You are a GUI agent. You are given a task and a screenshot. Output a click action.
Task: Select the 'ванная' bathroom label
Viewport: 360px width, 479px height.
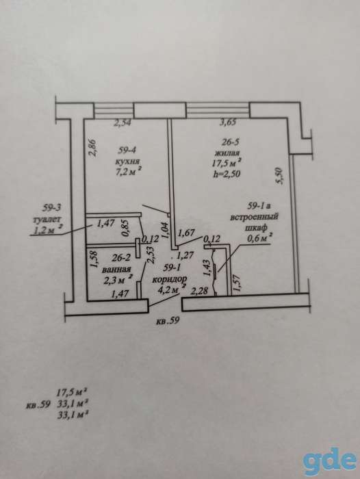tap(117, 269)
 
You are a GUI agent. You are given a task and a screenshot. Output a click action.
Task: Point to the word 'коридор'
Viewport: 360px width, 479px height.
tap(170, 279)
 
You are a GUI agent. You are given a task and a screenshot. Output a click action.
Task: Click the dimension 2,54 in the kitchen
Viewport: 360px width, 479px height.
tap(123, 122)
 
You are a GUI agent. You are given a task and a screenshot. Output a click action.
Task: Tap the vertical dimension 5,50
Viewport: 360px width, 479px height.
tap(280, 177)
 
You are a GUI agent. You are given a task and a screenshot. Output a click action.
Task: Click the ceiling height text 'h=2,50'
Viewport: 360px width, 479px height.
tap(227, 174)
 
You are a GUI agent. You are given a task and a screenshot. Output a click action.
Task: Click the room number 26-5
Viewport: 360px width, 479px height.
tap(231, 142)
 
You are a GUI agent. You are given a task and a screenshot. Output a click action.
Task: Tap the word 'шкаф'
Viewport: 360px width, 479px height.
tap(256, 228)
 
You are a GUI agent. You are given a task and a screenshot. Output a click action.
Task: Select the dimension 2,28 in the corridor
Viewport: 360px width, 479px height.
tap(199, 291)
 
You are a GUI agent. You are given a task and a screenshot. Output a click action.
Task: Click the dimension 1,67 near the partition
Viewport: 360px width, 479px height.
tap(186, 233)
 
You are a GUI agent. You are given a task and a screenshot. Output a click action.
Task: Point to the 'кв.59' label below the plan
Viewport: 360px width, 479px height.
tap(167, 321)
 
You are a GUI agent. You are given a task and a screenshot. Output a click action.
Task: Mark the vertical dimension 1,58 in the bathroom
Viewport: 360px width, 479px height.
tap(94, 259)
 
